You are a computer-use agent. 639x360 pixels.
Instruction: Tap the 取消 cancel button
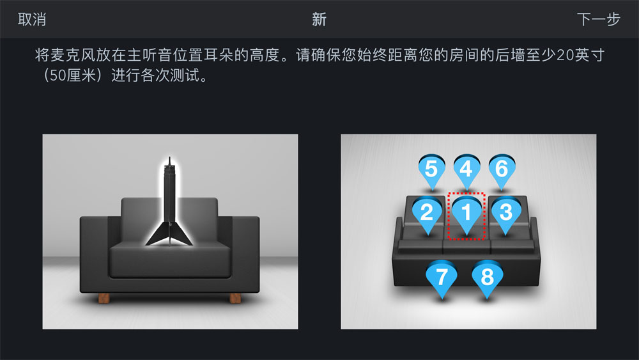32,19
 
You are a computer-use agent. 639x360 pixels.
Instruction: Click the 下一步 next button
598,19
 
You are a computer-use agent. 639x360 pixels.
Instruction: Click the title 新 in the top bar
319,19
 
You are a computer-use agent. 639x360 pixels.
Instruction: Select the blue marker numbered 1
466,214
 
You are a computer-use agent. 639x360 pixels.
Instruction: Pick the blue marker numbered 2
427,214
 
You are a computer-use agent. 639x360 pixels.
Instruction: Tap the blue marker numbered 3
505,214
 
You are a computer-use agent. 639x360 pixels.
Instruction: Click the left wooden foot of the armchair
104,298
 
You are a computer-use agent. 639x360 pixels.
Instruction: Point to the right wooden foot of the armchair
235,298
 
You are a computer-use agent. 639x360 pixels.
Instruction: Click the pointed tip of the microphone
169,158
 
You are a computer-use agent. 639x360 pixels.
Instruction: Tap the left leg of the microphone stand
157,235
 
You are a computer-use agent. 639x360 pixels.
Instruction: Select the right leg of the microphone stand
182,235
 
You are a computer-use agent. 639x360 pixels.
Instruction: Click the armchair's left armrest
95,253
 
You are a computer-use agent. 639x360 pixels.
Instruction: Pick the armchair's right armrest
245,253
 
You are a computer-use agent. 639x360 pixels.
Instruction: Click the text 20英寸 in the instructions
580,55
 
